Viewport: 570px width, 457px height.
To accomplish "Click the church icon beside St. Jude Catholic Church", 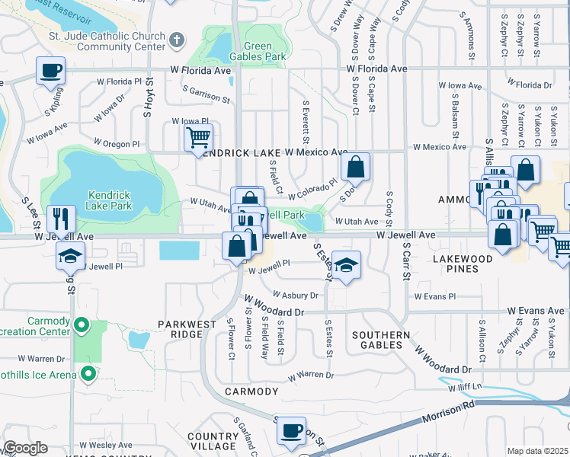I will tap(177, 40).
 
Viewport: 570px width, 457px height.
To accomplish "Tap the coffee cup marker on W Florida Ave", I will tap(51, 71).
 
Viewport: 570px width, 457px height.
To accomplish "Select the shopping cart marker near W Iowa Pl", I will tap(198, 138).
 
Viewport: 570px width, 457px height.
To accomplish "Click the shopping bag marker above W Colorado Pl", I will tap(356, 166).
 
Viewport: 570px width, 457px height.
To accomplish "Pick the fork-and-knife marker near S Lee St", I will tap(61, 219).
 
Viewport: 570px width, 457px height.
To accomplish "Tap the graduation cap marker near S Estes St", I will tap(346, 265).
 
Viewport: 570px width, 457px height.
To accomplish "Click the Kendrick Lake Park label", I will tap(110, 200).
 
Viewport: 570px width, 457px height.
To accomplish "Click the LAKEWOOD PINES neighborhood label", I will tap(463, 264).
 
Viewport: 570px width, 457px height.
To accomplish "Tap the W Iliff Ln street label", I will tap(466, 388).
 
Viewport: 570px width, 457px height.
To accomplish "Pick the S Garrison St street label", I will tap(207, 94).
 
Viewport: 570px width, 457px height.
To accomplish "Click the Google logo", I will tap(25, 448).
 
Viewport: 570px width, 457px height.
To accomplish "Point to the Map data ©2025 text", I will tap(537, 451).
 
